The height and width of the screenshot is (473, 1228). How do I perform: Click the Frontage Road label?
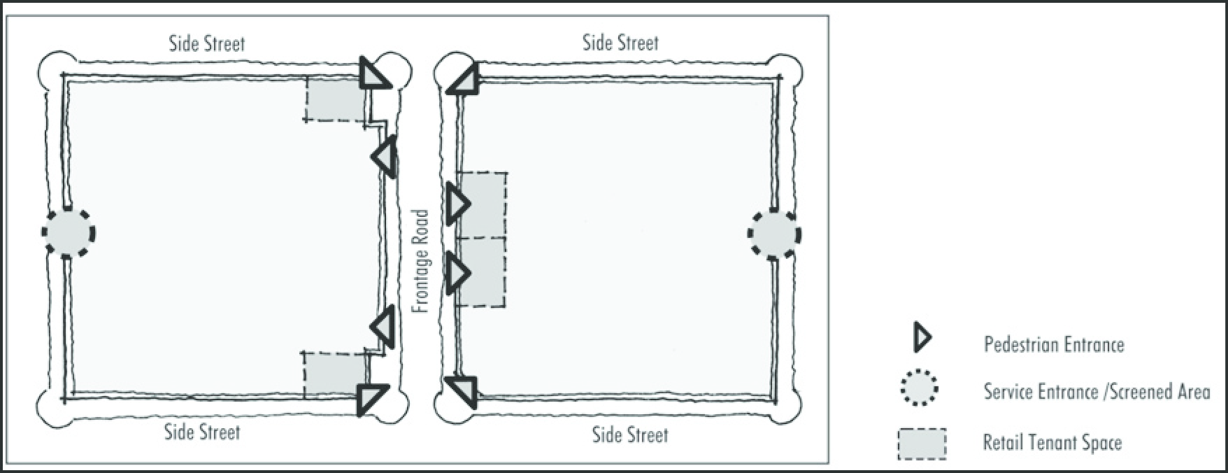420,261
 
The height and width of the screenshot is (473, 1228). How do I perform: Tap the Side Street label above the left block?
207,44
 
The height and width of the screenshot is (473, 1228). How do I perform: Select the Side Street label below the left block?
202,432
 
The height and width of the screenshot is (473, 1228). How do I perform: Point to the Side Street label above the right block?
620,43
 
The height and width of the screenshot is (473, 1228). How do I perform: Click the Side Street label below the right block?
630,435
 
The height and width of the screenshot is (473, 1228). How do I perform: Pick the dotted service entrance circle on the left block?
68,232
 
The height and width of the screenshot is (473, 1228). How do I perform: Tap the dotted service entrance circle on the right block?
775,234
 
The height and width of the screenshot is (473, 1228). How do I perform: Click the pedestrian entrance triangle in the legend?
922,338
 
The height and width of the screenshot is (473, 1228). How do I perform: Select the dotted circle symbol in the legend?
920,389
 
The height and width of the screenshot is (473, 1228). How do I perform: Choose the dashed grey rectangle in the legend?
922,444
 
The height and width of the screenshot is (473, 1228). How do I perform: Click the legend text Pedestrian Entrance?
1054,344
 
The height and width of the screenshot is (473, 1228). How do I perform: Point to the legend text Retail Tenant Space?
1052,443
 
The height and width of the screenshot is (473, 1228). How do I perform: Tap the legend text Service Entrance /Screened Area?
1097,391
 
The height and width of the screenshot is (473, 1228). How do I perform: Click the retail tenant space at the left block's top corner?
336,99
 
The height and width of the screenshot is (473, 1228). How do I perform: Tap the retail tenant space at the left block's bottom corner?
335,374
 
